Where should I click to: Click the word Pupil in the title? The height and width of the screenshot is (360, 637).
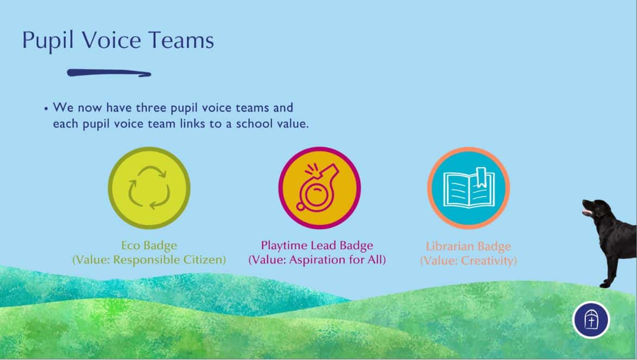tap(48, 40)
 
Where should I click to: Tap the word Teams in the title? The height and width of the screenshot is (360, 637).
tap(181, 40)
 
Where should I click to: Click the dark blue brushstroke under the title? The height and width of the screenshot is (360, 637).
tap(109, 73)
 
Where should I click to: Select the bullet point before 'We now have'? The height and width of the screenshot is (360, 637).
tap(46, 109)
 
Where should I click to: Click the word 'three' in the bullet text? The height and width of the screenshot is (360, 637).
tap(151, 108)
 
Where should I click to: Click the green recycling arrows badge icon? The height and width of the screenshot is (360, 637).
tap(149, 188)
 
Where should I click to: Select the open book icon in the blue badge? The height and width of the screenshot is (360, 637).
tap(469, 188)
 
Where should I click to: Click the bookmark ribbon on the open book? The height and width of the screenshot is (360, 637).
tap(481, 177)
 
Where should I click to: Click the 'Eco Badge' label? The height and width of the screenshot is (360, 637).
tap(149, 245)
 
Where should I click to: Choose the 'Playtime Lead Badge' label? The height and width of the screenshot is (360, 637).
tap(317, 245)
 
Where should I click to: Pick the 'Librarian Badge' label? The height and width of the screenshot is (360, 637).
tap(469, 246)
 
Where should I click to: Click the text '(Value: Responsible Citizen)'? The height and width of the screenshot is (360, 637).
tap(149, 260)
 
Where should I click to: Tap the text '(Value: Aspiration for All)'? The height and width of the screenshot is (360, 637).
tap(317, 260)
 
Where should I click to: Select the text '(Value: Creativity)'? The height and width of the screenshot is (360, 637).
tap(469, 261)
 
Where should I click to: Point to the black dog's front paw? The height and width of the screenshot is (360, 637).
tap(604, 285)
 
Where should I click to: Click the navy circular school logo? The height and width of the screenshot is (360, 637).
tap(591, 320)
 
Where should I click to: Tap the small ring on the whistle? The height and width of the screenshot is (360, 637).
tap(301, 206)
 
